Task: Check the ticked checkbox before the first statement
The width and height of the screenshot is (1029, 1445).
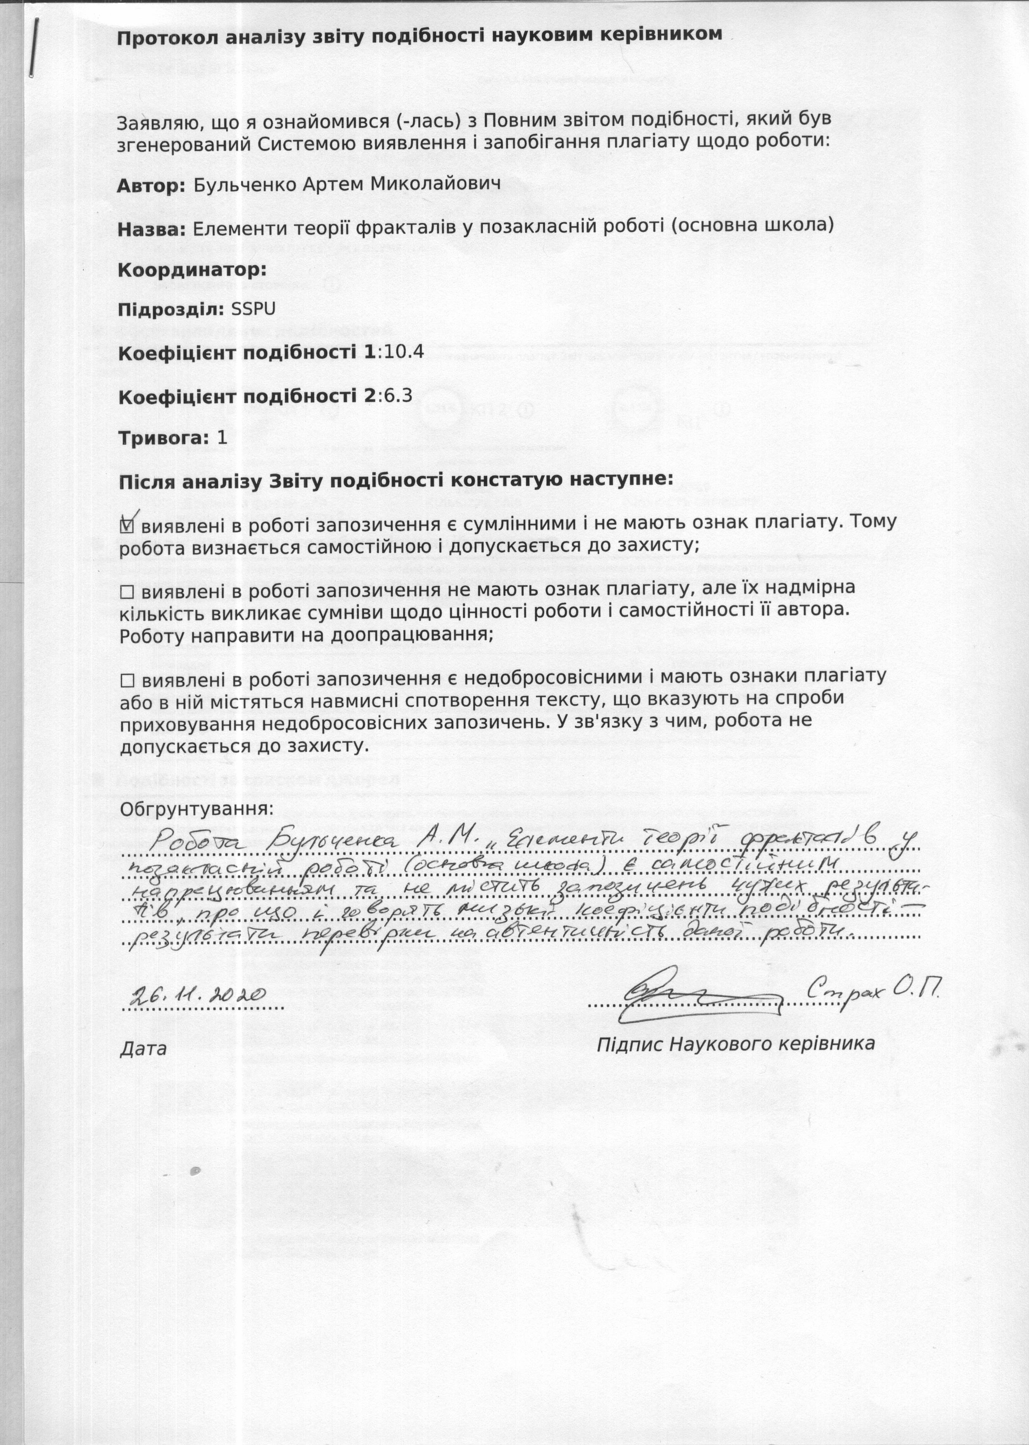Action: click(127, 525)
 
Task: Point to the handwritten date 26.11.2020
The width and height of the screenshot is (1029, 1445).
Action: click(196, 994)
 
